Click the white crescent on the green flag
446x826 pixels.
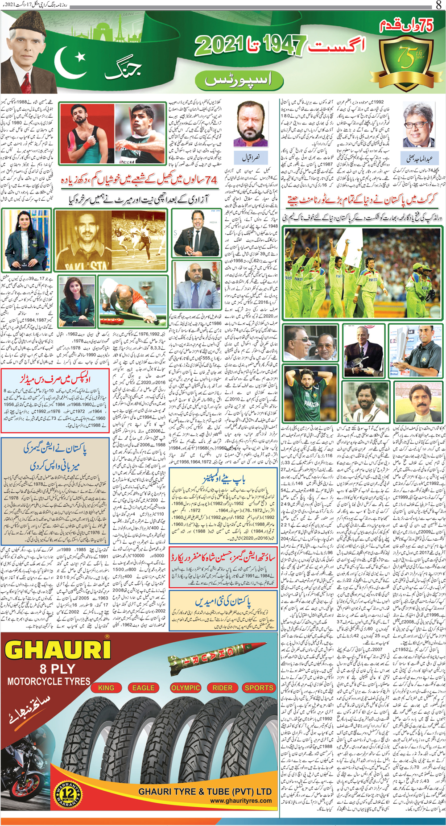(x=71, y=62)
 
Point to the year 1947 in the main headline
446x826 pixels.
(x=284, y=45)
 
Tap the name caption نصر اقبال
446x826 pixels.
(x=251, y=157)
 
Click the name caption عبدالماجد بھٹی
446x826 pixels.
(x=419, y=158)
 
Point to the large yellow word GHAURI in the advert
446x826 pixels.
(x=58, y=650)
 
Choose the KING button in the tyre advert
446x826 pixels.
(x=106, y=688)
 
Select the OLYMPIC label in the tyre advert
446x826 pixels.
(x=185, y=688)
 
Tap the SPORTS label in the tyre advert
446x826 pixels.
(x=259, y=688)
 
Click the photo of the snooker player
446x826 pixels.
(x=133, y=301)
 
